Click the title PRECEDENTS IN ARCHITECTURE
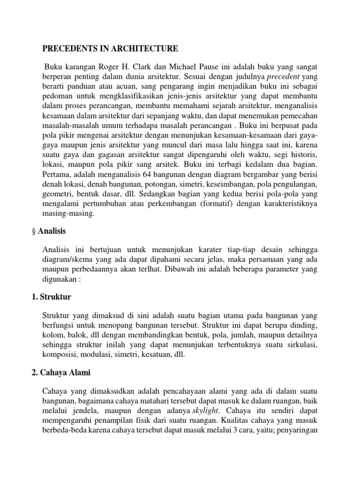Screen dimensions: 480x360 (110, 48)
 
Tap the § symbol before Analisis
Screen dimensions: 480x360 (45, 231)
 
